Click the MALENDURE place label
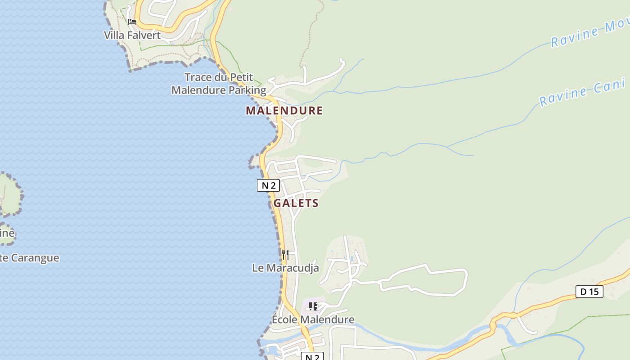pyautogui.click(x=284, y=110)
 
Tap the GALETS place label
pyautogui.click(x=296, y=203)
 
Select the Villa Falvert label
pyautogui.click(x=132, y=35)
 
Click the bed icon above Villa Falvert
pyautogui.click(x=132, y=22)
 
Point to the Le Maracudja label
pyautogui.click(x=285, y=268)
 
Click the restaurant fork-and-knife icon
pyautogui.click(x=285, y=254)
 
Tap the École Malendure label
pyautogui.click(x=313, y=319)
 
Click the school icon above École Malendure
pyautogui.click(x=313, y=306)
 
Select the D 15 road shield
pyautogui.click(x=589, y=292)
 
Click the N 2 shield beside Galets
pyautogui.click(x=268, y=185)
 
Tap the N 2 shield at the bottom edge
pyautogui.click(x=312, y=357)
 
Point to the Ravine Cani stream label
pyautogui.click(x=582, y=92)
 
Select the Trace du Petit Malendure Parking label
pyautogui.click(x=219, y=84)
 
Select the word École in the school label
pyautogui.click(x=284, y=319)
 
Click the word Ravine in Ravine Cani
pyautogui.click(x=560, y=97)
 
